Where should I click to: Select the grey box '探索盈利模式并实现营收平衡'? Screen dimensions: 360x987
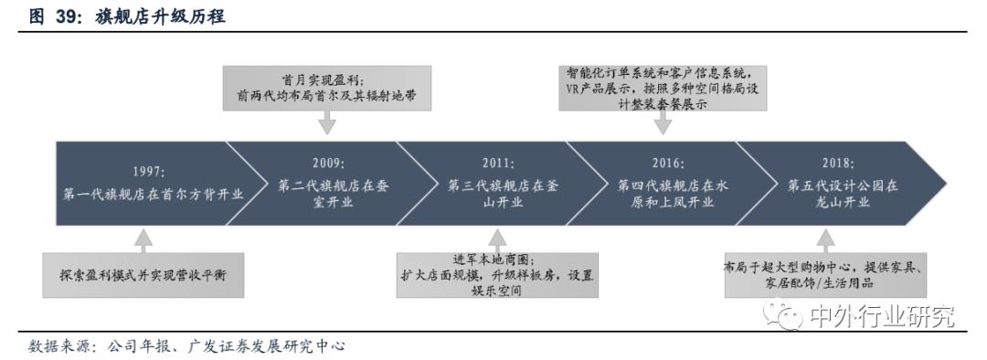143,277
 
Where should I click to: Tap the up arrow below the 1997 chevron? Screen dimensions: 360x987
143,240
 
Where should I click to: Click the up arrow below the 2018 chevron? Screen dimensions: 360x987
826,238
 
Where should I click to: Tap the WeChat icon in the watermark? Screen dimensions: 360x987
788,316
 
